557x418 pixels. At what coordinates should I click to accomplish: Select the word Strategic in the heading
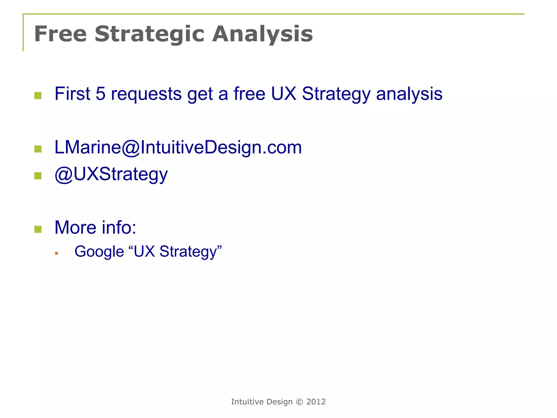click(149, 34)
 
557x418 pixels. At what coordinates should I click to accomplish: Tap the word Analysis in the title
click(262, 34)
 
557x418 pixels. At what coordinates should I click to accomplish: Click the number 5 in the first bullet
click(100, 94)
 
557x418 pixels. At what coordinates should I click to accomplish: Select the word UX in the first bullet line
click(283, 94)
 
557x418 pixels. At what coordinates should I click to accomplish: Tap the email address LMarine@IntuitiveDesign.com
click(178, 147)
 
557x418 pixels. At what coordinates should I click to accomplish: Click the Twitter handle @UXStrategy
click(111, 174)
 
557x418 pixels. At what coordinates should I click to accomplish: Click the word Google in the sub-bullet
click(99, 251)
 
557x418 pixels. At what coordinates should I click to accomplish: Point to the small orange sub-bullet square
click(57, 253)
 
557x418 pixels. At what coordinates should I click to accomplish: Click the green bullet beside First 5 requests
click(38, 96)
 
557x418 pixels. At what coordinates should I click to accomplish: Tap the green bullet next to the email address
click(38, 149)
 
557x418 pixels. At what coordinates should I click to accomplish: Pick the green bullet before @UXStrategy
click(38, 176)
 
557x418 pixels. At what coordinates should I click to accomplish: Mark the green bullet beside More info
click(38, 229)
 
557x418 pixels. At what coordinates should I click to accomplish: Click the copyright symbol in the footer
click(299, 402)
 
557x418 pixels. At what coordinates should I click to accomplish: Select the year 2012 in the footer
click(316, 402)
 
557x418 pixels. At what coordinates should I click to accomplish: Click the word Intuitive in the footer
click(247, 402)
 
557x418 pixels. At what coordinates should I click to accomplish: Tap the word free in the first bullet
click(249, 94)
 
